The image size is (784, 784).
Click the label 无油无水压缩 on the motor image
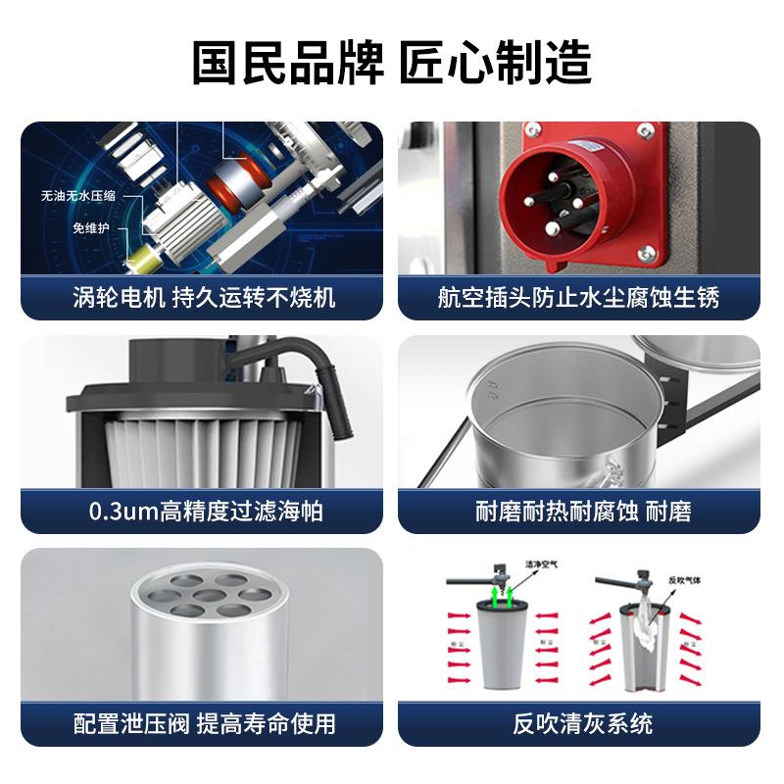(x=77, y=196)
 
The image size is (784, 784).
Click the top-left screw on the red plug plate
(x=534, y=131)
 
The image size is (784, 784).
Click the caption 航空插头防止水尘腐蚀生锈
(x=578, y=297)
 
